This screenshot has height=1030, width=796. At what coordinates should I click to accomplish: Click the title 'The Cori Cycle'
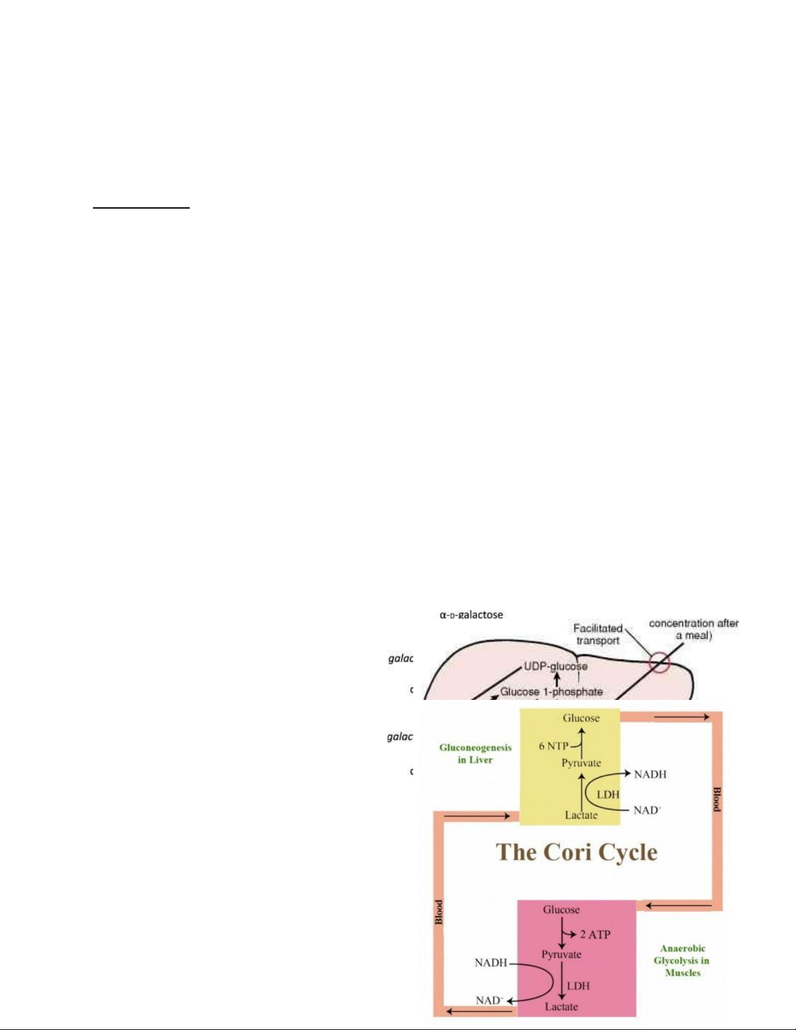576,852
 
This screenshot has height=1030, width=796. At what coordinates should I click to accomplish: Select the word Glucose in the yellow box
581,718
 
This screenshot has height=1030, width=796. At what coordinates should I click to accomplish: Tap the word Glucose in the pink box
561,910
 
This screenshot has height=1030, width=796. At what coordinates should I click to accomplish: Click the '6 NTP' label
553,746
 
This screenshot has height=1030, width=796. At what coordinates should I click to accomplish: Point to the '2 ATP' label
595,934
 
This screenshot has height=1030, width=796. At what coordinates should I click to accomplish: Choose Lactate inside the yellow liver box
581,815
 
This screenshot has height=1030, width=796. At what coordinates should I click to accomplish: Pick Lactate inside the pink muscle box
561,1007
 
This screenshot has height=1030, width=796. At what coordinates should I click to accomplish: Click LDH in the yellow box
608,794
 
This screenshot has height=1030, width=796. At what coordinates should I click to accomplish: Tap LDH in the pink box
578,986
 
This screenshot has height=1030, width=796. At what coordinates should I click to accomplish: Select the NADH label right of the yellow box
650,774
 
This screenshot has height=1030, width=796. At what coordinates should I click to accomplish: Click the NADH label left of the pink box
491,962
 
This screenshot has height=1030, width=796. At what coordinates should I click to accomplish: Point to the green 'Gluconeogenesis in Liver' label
475,754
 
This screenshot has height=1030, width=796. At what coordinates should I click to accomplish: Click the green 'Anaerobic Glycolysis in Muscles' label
682,960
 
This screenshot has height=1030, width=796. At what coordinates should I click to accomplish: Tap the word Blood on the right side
717,799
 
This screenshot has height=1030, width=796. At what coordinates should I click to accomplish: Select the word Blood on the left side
439,912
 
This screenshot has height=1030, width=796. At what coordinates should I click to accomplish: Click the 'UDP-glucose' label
556,666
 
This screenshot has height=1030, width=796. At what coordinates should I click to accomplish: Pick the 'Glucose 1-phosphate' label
551,691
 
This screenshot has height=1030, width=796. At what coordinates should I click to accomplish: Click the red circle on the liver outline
660,663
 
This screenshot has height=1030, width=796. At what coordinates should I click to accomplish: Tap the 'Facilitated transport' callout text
598,634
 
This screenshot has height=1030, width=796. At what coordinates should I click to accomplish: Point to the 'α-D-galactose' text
471,615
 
